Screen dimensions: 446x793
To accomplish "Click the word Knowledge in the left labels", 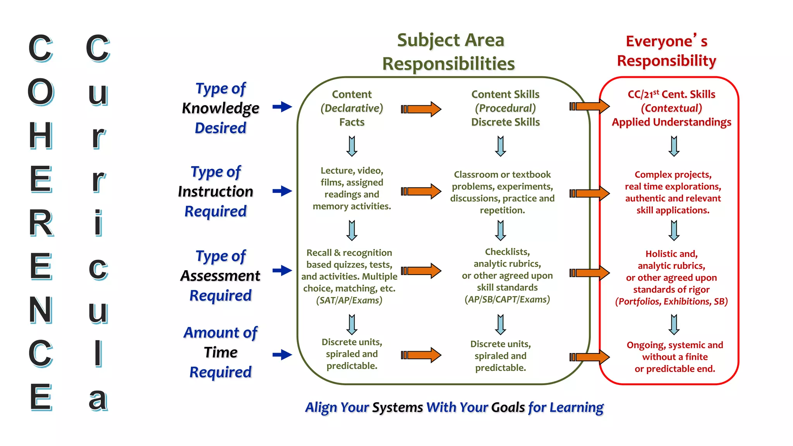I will (x=220, y=108).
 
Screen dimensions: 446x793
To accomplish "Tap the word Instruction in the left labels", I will (x=215, y=192).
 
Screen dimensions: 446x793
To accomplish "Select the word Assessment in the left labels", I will (x=220, y=276).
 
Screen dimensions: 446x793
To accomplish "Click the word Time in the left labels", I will (x=220, y=352).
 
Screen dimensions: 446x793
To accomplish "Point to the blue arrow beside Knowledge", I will (x=282, y=106).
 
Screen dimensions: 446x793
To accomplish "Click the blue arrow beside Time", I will (x=282, y=354).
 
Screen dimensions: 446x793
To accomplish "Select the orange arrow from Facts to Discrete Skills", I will (x=421, y=109).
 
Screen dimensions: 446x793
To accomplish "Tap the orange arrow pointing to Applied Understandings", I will (x=589, y=106).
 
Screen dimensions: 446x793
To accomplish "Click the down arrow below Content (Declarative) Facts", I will (x=352, y=146).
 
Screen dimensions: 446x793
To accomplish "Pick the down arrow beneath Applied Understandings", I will (x=674, y=146).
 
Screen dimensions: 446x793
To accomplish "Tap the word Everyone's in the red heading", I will (x=666, y=41).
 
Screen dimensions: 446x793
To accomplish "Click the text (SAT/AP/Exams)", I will (x=349, y=300).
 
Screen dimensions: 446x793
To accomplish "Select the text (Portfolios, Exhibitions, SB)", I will (x=671, y=302).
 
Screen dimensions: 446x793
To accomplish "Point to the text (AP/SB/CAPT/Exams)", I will (x=507, y=300).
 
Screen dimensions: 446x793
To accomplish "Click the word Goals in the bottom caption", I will (x=508, y=407).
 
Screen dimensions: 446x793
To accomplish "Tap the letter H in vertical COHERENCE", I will (x=41, y=136).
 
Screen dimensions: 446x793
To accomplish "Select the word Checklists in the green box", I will (x=506, y=252).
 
